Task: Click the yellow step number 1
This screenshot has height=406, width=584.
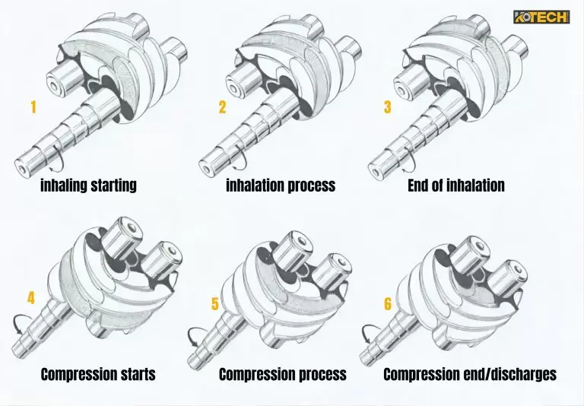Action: tap(33, 107)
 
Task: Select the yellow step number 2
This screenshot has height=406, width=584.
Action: tap(222, 107)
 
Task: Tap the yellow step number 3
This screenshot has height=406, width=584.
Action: tap(387, 107)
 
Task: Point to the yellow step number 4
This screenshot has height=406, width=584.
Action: tap(31, 298)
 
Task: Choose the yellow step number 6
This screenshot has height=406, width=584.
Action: tap(388, 305)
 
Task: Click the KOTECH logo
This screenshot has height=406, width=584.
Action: tap(541, 17)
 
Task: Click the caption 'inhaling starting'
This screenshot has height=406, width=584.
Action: tap(88, 186)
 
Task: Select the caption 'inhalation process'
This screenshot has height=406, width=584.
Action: tap(280, 186)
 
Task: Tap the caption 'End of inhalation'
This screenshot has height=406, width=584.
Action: tap(455, 186)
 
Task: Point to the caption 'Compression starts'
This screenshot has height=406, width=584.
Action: tap(98, 374)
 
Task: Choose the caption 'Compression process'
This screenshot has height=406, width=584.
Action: tap(282, 374)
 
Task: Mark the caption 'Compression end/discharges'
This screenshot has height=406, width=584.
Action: tap(470, 374)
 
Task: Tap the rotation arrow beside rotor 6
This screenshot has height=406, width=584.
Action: tap(367, 332)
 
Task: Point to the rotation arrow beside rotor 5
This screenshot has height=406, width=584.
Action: tap(195, 335)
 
